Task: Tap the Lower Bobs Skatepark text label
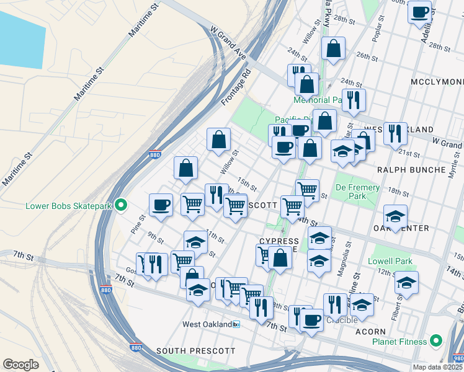click(68, 205)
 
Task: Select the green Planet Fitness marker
click(436, 341)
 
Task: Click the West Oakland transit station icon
click(236, 324)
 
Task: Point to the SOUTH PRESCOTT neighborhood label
click(196, 351)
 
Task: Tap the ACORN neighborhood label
click(372, 332)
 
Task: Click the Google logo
click(20, 365)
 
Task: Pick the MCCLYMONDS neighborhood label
click(437, 82)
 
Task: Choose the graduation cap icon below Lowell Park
click(406, 282)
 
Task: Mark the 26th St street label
click(368, 56)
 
